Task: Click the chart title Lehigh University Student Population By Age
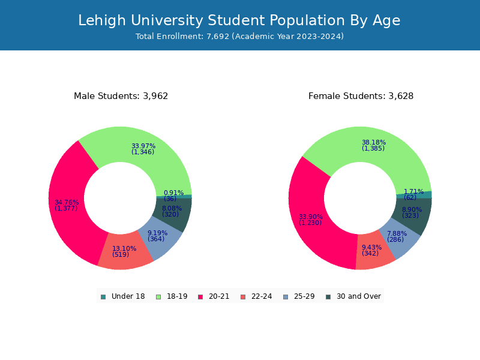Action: tap(239, 21)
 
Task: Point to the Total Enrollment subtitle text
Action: tap(239, 37)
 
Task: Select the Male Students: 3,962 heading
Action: tap(121, 96)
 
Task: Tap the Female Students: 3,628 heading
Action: tap(361, 96)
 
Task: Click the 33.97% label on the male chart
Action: tap(143, 146)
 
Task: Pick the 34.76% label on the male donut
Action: tap(67, 202)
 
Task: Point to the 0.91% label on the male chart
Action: tap(173, 193)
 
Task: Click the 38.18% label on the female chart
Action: tap(374, 142)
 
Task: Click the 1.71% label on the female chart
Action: tap(413, 191)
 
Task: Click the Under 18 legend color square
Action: tap(103, 297)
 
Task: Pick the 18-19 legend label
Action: tap(177, 296)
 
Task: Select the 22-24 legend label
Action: tap(262, 296)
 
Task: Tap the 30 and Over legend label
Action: tap(359, 296)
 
